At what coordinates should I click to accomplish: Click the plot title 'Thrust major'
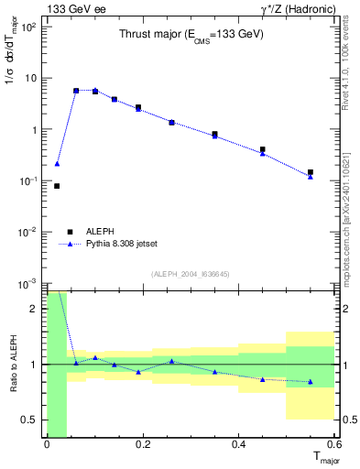(x=191, y=35)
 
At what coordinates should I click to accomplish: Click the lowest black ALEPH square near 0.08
(x=57, y=186)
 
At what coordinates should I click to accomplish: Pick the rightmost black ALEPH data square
(x=311, y=172)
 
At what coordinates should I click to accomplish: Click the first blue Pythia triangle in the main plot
(x=57, y=164)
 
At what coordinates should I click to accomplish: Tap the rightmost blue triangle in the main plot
(x=311, y=177)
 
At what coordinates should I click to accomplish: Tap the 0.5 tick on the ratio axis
(x=30, y=420)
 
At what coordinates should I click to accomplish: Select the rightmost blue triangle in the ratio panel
(x=311, y=381)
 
